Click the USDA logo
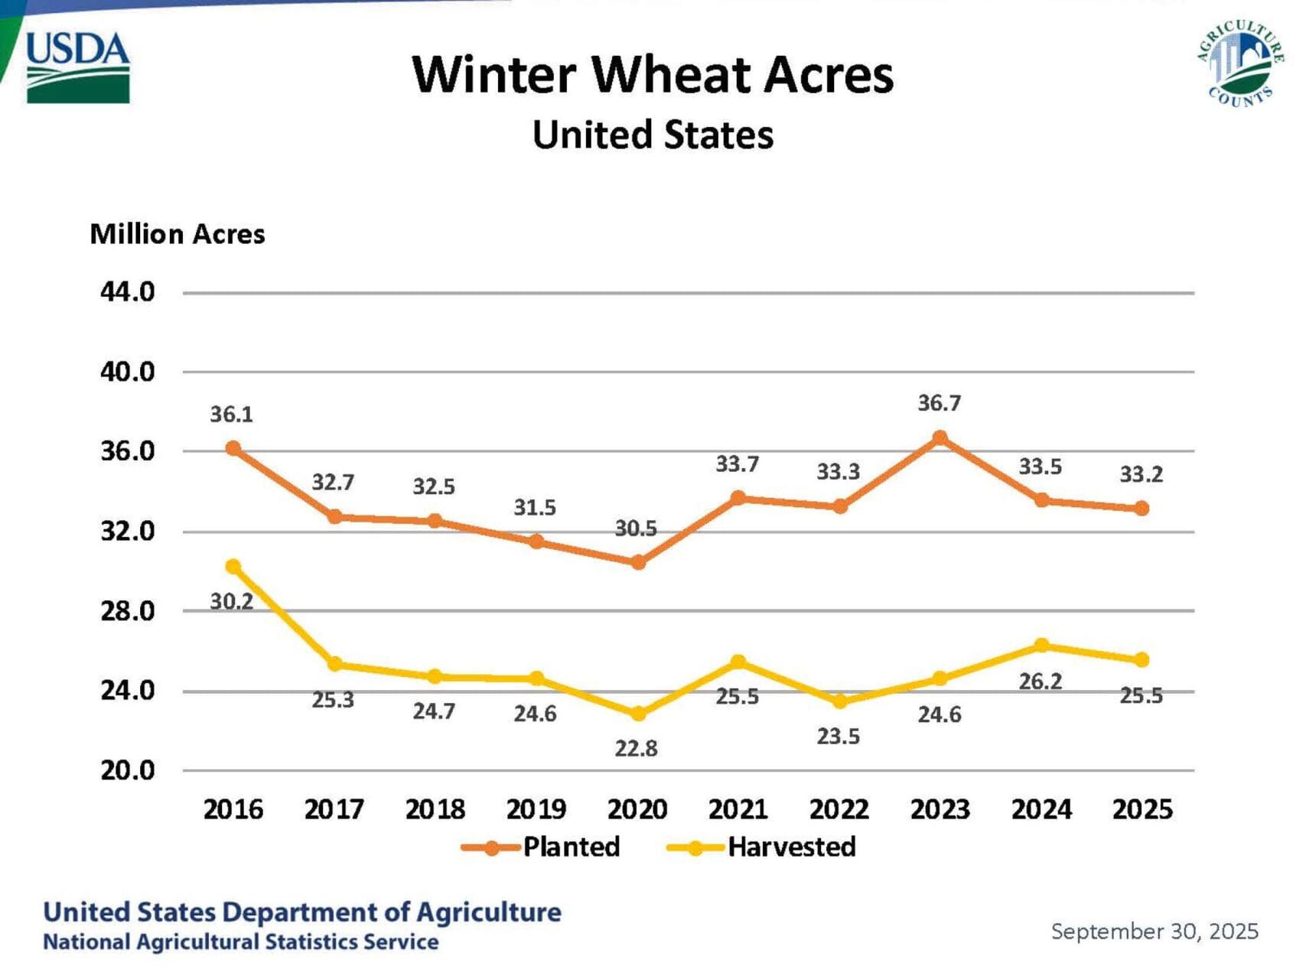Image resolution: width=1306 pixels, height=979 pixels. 77,67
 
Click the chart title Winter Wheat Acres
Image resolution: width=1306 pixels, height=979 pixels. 653,75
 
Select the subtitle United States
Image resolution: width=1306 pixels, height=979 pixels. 653,135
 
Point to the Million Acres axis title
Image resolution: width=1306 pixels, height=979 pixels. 177,234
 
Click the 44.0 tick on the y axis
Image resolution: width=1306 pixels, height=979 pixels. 128,292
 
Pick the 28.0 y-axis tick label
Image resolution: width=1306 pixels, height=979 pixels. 128,611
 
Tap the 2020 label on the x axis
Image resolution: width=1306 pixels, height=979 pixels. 637,809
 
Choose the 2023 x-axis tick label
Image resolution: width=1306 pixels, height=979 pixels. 940,809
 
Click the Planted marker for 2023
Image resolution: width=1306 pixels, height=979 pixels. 940,438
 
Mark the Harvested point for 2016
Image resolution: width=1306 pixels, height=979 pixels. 233,567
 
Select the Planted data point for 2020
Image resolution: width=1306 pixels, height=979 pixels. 638,562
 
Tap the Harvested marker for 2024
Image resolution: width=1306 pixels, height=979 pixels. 1041,646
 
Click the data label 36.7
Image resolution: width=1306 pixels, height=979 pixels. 940,403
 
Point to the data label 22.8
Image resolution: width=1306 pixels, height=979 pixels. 637,748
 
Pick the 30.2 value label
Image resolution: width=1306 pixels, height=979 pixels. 232,602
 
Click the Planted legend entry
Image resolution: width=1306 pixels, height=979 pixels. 541,847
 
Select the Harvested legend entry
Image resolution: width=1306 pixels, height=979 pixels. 761,847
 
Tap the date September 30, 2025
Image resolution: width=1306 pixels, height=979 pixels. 1155,932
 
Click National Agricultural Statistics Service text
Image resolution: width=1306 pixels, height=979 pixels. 241,942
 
